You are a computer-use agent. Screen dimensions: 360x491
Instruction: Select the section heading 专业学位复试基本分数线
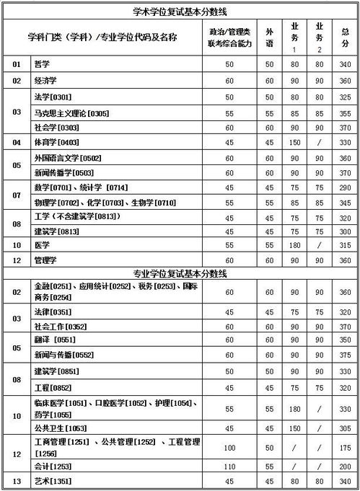180,274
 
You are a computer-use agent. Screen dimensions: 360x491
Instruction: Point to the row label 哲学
42,65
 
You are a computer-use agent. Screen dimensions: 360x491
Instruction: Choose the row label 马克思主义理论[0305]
71,112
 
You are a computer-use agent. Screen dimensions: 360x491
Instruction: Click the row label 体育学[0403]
56,142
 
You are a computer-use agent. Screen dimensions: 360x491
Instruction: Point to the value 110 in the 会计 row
230,466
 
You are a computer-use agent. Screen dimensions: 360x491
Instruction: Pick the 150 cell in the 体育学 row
294,142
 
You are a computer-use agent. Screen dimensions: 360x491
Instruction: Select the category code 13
17,480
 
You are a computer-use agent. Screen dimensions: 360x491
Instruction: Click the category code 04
17,142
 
